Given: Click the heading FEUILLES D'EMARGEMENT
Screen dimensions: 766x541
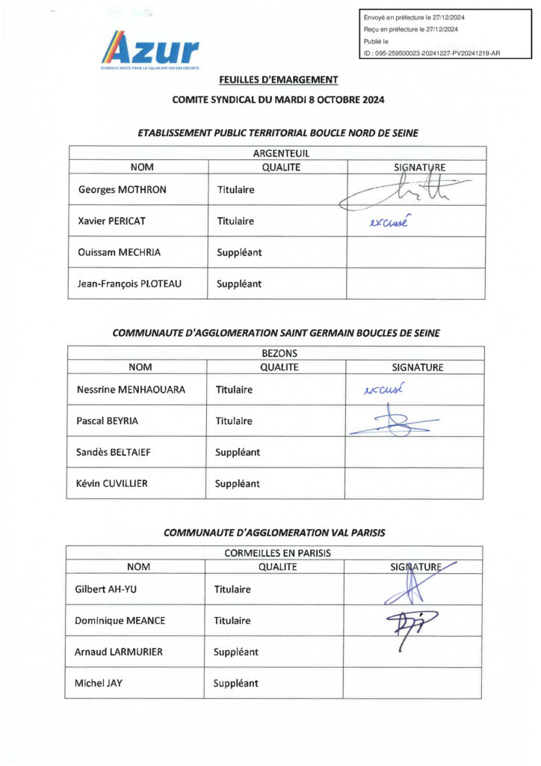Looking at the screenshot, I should coord(278,80).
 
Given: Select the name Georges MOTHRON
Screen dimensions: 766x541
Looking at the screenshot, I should coord(123,190).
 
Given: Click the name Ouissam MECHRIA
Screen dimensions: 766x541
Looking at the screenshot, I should coord(118,253).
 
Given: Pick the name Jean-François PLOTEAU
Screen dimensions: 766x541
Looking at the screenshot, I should coord(130,284).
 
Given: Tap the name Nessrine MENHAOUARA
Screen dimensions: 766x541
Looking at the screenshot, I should coord(131,390).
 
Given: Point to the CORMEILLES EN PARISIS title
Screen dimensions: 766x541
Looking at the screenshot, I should coord(277,553).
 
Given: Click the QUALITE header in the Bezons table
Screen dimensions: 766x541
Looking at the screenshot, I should coord(279,367).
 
